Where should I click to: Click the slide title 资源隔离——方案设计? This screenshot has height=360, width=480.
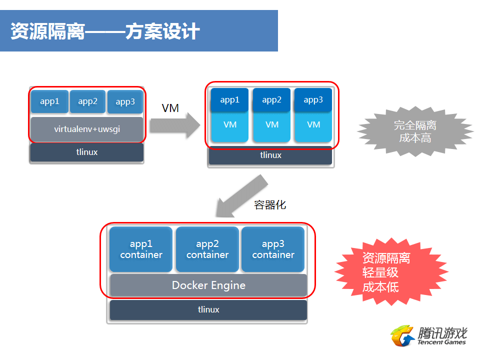point(105,31)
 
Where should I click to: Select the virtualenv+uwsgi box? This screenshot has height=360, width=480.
point(87,129)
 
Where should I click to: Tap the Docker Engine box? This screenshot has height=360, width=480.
point(208,285)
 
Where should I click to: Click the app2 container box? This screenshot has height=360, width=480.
point(207,249)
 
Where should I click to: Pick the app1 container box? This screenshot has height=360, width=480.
point(141,249)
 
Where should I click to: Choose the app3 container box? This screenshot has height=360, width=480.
point(273,249)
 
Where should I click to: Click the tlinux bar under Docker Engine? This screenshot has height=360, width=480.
point(208,310)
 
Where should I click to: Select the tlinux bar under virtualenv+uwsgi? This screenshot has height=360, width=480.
point(87,152)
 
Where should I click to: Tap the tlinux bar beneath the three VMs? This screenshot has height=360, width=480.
point(270,155)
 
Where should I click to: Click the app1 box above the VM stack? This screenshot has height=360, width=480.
point(229,100)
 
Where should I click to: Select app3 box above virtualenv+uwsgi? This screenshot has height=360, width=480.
point(125,101)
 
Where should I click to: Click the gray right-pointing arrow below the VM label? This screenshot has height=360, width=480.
point(175,125)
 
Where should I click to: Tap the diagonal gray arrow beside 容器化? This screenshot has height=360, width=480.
point(242,196)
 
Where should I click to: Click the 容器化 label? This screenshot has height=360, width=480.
point(270,205)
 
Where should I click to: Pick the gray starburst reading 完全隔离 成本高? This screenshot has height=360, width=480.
point(415,131)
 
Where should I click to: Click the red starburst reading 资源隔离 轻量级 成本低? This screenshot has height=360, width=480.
point(392,272)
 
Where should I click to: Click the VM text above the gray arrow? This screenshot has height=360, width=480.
point(170,108)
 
